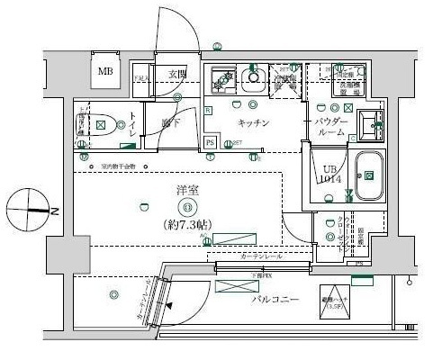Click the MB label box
pyautogui.click(x=105, y=72)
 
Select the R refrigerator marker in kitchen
pyautogui.click(x=208, y=110)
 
